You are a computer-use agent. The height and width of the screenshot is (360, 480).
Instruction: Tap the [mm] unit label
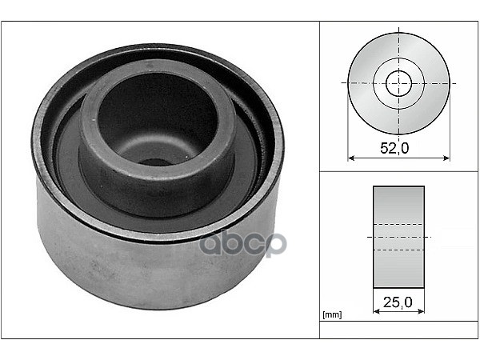tap(332, 314)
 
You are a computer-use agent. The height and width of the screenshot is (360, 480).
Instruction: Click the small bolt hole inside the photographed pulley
tap(153, 162)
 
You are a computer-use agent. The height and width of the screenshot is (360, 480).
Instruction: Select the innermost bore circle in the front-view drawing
tap(398, 83)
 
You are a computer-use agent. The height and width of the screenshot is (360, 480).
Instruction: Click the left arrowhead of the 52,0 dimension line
tap(351, 158)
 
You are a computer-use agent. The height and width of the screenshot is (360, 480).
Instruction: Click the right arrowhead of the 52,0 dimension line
tap(446, 158)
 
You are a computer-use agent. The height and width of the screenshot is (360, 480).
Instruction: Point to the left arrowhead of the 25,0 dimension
tap(377, 311)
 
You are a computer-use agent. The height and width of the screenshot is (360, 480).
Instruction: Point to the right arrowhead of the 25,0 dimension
tap(422, 311)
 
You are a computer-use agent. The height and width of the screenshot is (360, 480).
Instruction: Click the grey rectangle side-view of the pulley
tap(398, 237)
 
